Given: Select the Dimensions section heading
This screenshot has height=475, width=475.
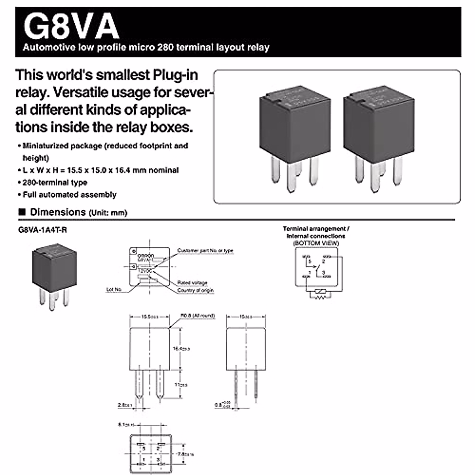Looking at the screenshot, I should pos(58,212).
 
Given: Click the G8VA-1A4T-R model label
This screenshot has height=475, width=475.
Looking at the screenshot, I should pos(42,230).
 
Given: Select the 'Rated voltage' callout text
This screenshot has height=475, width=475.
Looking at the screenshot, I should pos(192,283).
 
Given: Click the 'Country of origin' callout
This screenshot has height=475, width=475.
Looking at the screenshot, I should pos(195,291).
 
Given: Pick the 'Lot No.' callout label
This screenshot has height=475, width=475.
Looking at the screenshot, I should pos(114,290).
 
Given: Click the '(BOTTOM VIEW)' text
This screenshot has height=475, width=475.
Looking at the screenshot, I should pos(316,243).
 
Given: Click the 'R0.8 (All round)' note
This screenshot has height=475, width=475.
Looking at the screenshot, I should pos(198,316).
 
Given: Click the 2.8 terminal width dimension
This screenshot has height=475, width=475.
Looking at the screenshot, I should pos(123,405).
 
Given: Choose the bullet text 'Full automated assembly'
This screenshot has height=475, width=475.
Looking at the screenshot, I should pos(69,195).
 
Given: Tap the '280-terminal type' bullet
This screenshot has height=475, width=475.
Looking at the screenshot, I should pos(55,182).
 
